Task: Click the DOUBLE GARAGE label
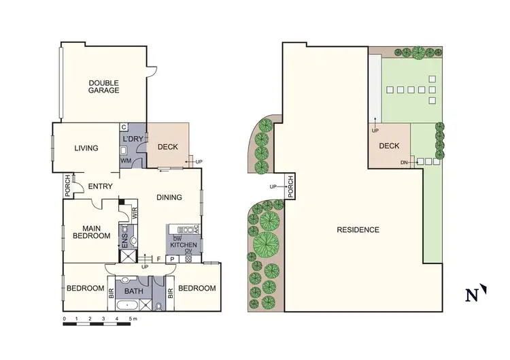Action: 103,86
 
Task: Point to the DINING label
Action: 169,198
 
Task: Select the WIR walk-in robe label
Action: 135,213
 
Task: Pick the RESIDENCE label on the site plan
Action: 358,229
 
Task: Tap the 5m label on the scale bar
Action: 133,318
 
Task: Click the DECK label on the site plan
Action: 389,146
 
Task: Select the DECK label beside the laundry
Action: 167,147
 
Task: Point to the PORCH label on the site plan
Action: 290,187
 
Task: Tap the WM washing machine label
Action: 125,161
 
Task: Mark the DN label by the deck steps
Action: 403,162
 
